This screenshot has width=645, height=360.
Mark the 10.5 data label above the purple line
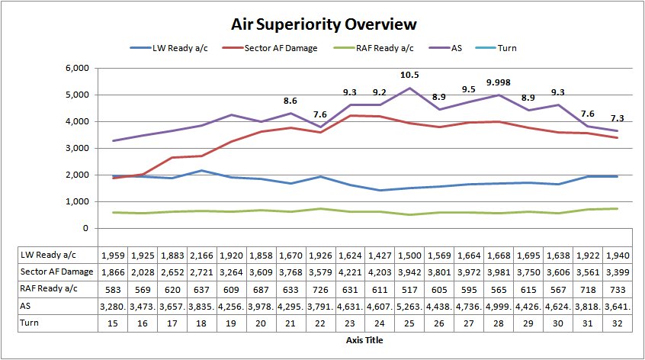tap(410, 75)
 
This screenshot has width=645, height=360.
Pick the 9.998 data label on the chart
tap(499, 83)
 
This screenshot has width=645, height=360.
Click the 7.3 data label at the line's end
tap(618, 118)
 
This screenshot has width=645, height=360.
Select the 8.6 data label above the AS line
tap(291, 100)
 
